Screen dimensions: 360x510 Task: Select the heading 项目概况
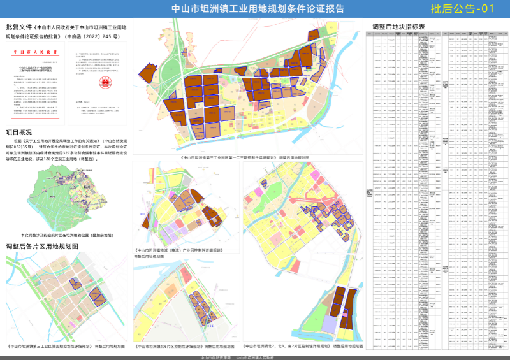(x=19, y=132)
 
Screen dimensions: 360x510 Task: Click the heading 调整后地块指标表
(x=402, y=27)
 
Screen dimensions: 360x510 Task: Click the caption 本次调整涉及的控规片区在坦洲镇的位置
(x=67, y=235)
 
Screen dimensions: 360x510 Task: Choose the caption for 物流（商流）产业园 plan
(x=179, y=250)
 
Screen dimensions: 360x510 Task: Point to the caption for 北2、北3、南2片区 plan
(x=303, y=347)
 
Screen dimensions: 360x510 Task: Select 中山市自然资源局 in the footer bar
(x=214, y=357)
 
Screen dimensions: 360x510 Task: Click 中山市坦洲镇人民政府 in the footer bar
(x=255, y=357)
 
